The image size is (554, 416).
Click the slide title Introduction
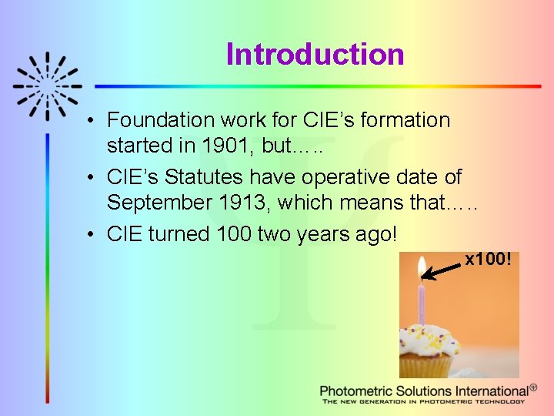315,55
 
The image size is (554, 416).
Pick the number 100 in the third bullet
233,233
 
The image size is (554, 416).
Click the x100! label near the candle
488,260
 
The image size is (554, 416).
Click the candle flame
421,270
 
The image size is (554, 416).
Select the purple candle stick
421,304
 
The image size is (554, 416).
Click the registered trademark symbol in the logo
534,388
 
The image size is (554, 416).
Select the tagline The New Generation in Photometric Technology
423,402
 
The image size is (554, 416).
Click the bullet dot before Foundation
91,122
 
